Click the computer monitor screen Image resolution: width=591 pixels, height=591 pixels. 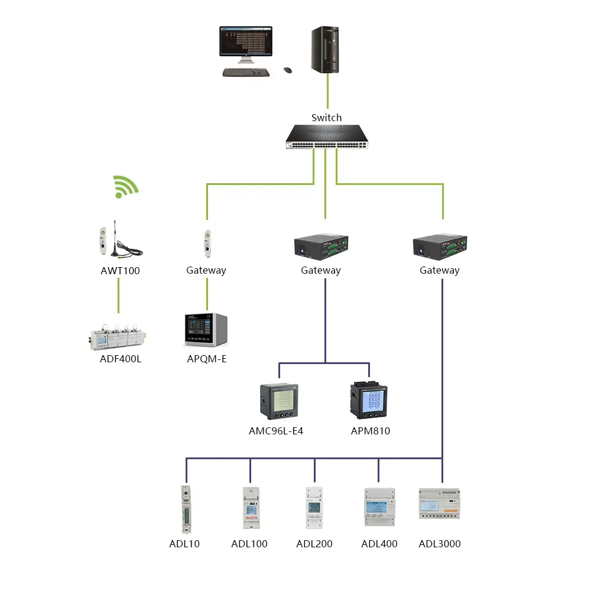click(x=246, y=41)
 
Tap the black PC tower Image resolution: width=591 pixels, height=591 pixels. click(x=325, y=50)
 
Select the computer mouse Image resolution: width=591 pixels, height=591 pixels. click(x=288, y=70)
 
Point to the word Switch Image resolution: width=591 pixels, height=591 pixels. click(x=326, y=118)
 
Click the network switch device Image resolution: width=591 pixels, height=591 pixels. click(x=326, y=138)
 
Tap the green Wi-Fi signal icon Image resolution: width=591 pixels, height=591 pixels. click(x=126, y=186)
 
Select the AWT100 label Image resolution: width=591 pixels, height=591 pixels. click(x=121, y=271)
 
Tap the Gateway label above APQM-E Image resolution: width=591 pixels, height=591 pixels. click(x=206, y=271)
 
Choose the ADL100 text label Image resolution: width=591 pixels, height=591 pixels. click(x=249, y=544)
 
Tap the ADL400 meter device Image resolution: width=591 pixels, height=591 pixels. click(x=379, y=507)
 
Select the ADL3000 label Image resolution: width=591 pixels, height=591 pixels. click(x=440, y=544)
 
